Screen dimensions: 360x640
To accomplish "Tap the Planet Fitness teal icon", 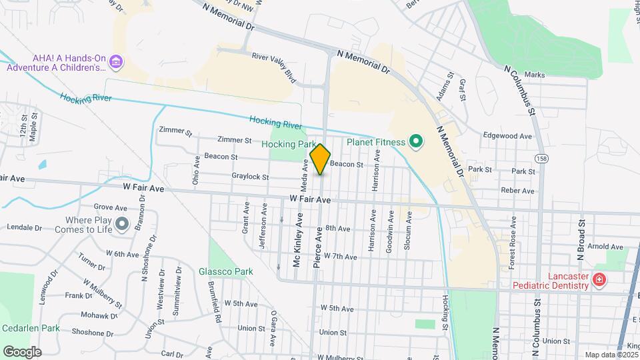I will point(417,141).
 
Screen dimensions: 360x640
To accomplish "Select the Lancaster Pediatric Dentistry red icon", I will point(599,279).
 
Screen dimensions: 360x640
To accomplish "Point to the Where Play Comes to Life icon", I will point(121,225).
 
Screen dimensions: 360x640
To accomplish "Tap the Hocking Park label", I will point(289,144).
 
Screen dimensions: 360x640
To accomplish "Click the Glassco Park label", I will point(226,272).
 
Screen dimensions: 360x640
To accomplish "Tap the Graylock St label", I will point(250,177).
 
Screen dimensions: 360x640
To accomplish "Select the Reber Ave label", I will point(518,191).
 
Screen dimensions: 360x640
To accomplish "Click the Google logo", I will point(22,351).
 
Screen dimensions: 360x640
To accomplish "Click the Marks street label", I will point(535,75).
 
